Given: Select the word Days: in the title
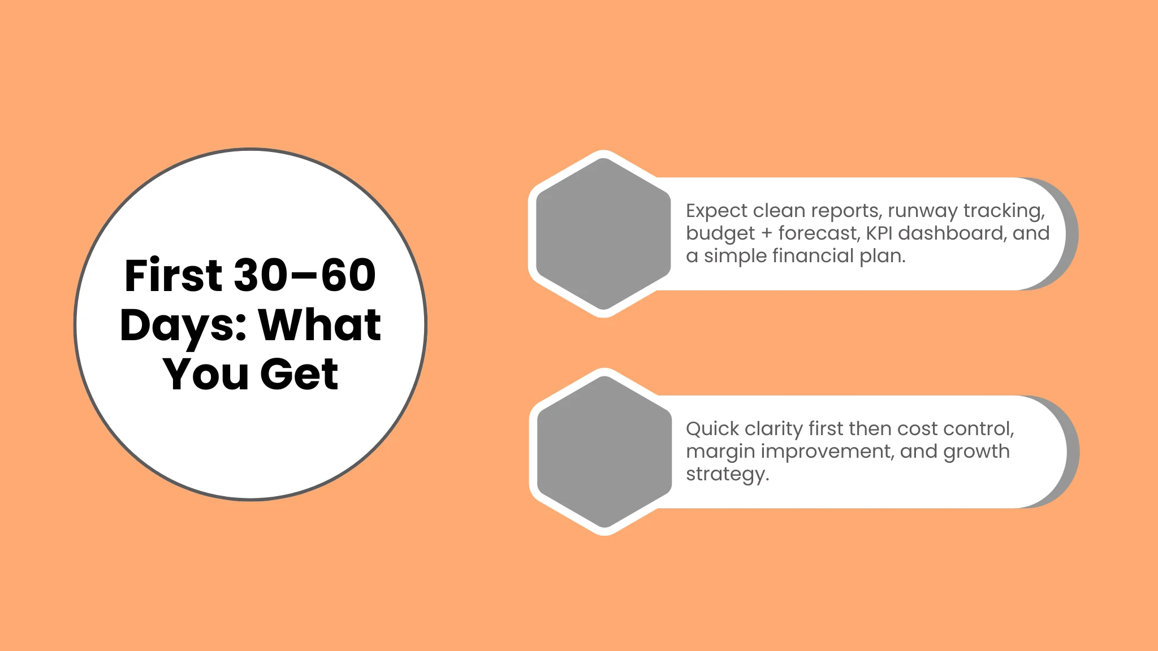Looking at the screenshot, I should click(184, 325).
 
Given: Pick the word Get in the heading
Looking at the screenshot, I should click(299, 374).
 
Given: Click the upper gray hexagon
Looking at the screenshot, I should click(603, 234).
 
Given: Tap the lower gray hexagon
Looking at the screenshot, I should click(604, 452).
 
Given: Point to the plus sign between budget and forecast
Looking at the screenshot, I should click(767, 233).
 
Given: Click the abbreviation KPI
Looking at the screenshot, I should click(879, 233).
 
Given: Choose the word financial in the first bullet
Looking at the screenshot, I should click(813, 255).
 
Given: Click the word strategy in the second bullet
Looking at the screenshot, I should click(727, 474).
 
